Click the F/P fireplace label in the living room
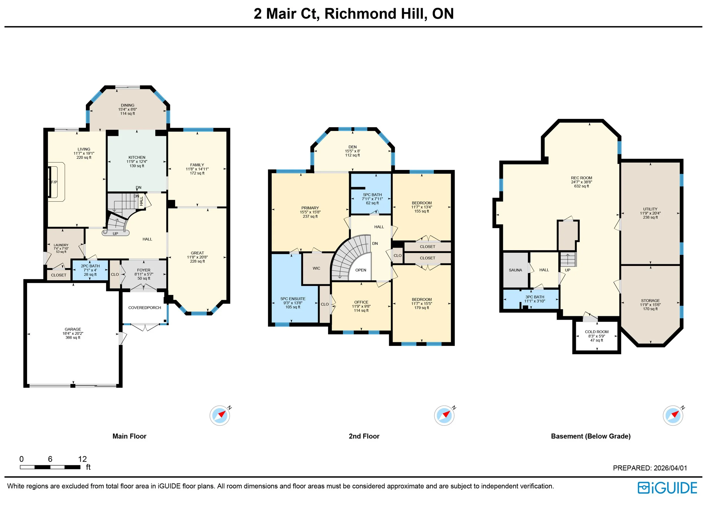point(54,182)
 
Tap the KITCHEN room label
point(137,158)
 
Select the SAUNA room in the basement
point(515,270)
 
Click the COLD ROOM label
point(597,332)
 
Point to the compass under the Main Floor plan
point(220,416)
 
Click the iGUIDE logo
point(667,488)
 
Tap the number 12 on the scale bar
point(82,459)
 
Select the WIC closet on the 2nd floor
point(316,268)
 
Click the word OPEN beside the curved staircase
point(361,270)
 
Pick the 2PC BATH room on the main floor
point(90,270)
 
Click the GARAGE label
point(73,329)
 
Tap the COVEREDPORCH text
point(145,308)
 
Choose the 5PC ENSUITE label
point(293,299)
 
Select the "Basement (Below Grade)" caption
point(591,436)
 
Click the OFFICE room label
point(361,302)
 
